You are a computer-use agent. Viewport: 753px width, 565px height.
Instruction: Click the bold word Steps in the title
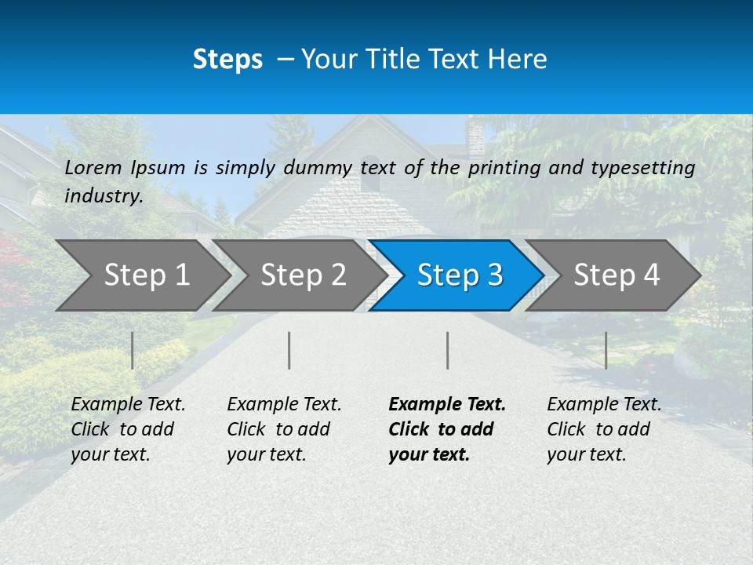(x=227, y=60)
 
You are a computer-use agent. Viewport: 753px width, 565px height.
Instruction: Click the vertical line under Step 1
(x=133, y=350)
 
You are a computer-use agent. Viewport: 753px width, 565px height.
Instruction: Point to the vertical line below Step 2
(x=289, y=350)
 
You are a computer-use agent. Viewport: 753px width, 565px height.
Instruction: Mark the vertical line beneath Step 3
(x=448, y=350)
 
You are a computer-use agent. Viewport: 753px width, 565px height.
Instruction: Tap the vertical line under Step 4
(x=606, y=350)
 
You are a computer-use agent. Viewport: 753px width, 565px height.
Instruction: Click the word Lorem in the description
(x=93, y=167)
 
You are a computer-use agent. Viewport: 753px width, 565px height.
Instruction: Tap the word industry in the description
(x=104, y=196)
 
